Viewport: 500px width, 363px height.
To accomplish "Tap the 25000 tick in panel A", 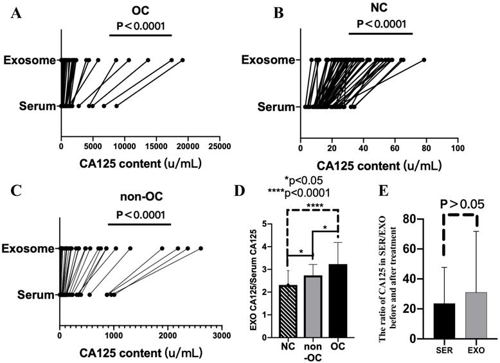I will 219,146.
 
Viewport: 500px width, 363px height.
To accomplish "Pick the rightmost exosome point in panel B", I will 424,60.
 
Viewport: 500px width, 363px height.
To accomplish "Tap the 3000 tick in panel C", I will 222,334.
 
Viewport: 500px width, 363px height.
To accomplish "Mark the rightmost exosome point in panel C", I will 201,248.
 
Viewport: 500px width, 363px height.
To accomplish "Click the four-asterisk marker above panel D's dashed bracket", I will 315,223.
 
